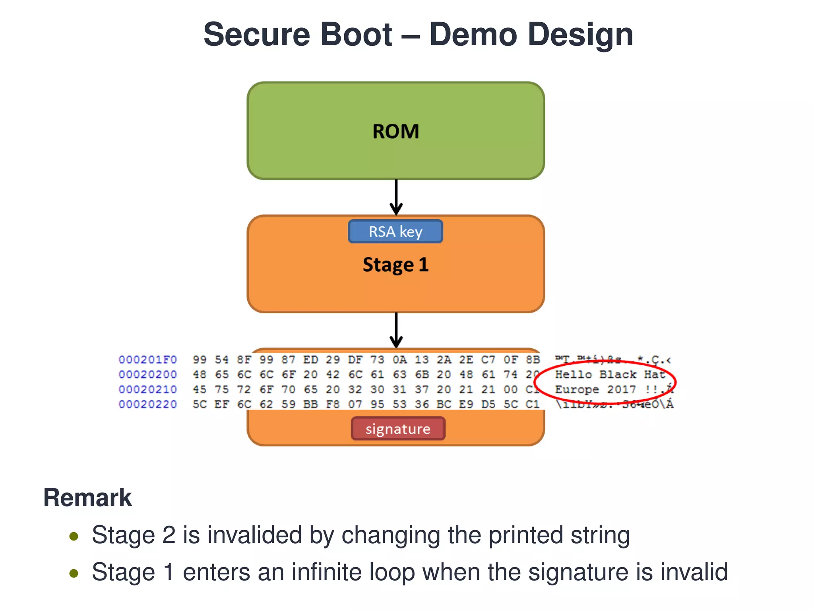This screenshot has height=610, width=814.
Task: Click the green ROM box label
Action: click(x=395, y=131)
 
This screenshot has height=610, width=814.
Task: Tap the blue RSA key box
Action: click(x=395, y=232)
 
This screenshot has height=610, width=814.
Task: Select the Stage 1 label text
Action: click(x=395, y=264)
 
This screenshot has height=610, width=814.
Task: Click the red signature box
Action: click(x=398, y=429)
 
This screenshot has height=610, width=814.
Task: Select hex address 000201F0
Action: click(x=147, y=360)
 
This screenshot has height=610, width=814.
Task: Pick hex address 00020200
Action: click(x=147, y=374)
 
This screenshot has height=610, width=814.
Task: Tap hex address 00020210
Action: click(x=147, y=390)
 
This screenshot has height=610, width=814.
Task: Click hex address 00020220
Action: click(x=147, y=404)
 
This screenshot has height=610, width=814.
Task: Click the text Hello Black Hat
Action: click(x=610, y=374)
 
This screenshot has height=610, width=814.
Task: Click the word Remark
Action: click(x=87, y=498)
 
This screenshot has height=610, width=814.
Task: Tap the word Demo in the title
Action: click(x=473, y=35)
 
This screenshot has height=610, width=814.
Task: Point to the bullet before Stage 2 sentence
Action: click(x=74, y=537)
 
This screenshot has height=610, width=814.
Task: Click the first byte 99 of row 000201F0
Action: click(x=200, y=360)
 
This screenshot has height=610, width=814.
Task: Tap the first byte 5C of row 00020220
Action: click(x=200, y=404)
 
